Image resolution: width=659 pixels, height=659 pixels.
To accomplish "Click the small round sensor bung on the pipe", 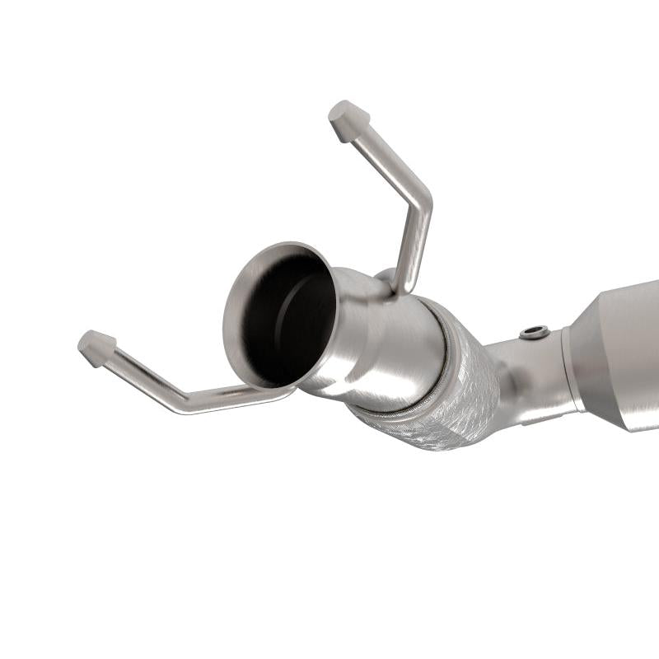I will pyautogui.click(x=534, y=332).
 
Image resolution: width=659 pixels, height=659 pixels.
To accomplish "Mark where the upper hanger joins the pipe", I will pyautogui.click(x=395, y=284).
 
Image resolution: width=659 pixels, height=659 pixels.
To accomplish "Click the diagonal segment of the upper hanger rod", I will pyautogui.click(x=384, y=157).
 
